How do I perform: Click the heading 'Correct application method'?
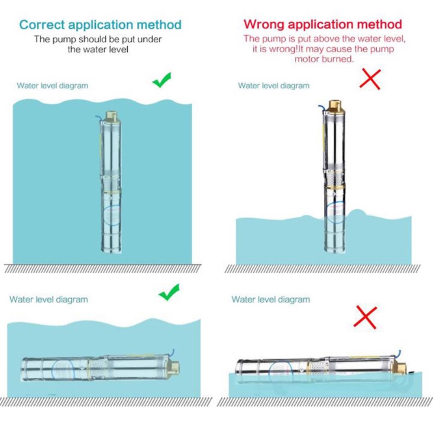tap(100, 24)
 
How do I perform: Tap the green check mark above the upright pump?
tap(162, 81)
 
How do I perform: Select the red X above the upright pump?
tap(370, 79)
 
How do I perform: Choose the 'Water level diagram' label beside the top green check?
tap(52, 86)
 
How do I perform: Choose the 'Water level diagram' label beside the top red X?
tap(274, 86)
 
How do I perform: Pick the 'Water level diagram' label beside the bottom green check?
tap(48, 299)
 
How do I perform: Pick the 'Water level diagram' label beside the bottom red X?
tap(271, 299)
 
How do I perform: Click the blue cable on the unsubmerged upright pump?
tap(322, 109)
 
